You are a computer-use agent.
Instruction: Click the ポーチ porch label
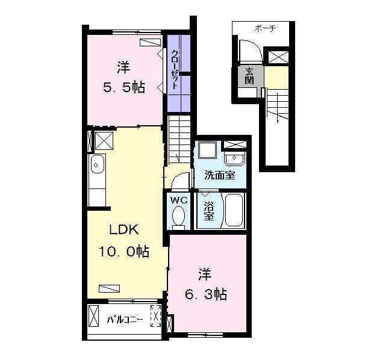tap(264, 29)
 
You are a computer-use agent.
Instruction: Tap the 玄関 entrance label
tap(249, 76)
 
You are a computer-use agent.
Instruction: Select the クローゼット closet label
tap(175, 69)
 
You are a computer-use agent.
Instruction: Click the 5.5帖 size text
tap(123, 87)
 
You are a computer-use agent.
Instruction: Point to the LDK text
tap(124, 229)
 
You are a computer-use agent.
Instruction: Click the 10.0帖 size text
tap(123, 252)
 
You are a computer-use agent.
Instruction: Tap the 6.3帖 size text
tap(206, 294)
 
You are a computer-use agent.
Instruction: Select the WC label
tap(179, 200)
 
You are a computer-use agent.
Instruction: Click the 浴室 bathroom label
tap(208, 211)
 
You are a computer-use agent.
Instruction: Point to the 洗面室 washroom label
tap(220, 175)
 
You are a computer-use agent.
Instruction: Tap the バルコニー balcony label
tap(125, 320)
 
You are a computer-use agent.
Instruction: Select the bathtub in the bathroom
tap(234, 210)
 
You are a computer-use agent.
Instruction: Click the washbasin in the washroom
tap(234, 158)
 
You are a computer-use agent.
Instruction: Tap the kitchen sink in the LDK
tap(97, 164)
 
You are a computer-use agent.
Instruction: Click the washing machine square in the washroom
tap(207, 150)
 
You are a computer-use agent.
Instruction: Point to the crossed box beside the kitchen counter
tap(104, 141)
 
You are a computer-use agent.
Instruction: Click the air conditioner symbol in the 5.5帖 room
tap(150, 42)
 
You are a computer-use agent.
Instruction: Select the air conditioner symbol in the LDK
tap(110, 288)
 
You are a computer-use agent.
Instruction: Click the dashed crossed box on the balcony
tap(155, 315)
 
